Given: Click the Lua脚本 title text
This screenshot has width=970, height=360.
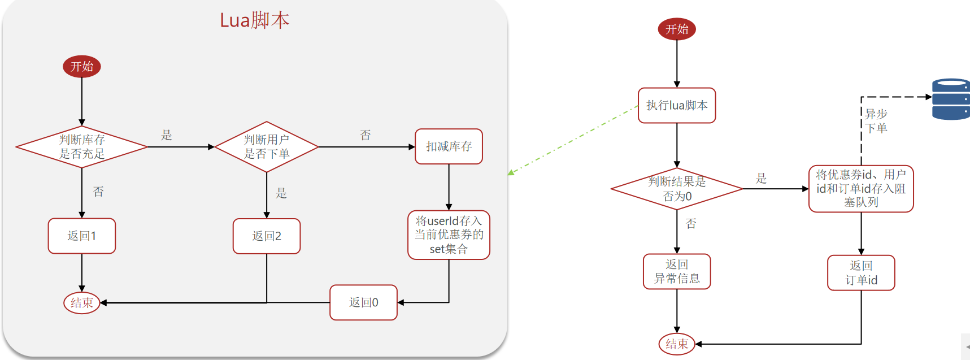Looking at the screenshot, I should click(254, 20).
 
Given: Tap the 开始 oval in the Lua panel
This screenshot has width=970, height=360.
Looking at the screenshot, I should click(82, 66).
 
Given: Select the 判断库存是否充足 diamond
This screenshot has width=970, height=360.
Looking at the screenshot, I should click(82, 147).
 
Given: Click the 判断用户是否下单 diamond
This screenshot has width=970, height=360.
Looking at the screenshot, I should click(267, 147).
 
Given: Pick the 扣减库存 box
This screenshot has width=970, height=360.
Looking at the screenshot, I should click(449, 146).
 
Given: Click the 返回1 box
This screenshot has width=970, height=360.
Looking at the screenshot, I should click(82, 236).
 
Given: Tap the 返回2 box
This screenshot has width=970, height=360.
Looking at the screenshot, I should click(267, 236).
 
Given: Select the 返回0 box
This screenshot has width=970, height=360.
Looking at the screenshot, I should click(363, 302).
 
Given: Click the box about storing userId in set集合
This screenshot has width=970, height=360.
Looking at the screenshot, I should click(449, 235).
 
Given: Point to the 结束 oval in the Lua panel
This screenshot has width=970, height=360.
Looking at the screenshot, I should click(82, 303).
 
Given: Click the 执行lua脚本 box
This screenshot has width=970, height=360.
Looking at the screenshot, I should click(677, 105).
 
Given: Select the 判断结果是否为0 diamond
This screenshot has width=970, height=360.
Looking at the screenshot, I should click(677, 189).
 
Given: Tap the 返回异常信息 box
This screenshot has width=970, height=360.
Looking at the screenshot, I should click(677, 271).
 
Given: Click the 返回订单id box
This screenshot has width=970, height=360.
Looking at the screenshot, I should click(861, 272).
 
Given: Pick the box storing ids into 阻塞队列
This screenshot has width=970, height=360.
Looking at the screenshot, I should click(861, 189).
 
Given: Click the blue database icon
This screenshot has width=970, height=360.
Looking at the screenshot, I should click(951, 99).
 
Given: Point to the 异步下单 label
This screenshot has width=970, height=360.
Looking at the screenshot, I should click(876, 121).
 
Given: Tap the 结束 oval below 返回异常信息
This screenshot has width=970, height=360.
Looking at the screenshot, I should click(677, 344).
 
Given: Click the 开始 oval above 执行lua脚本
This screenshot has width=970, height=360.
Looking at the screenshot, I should click(677, 29).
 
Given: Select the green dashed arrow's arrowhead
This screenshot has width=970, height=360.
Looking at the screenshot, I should click(511, 172).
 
